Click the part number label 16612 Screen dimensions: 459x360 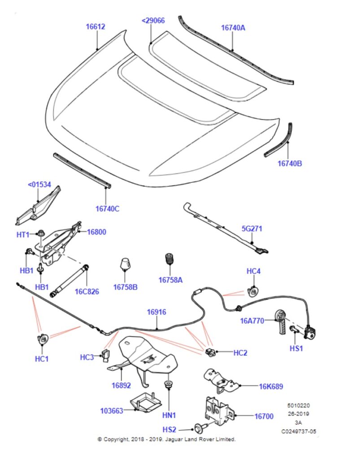point(95,26)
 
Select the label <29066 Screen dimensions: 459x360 point(153,21)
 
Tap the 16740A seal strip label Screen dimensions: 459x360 point(233,27)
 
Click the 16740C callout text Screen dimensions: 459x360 point(108,208)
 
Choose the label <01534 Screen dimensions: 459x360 point(39,184)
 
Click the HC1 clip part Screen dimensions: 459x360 point(43,339)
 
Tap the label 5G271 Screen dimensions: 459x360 point(252,229)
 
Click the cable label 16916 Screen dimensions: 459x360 point(157,312)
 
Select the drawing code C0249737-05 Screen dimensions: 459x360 point(299,431)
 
